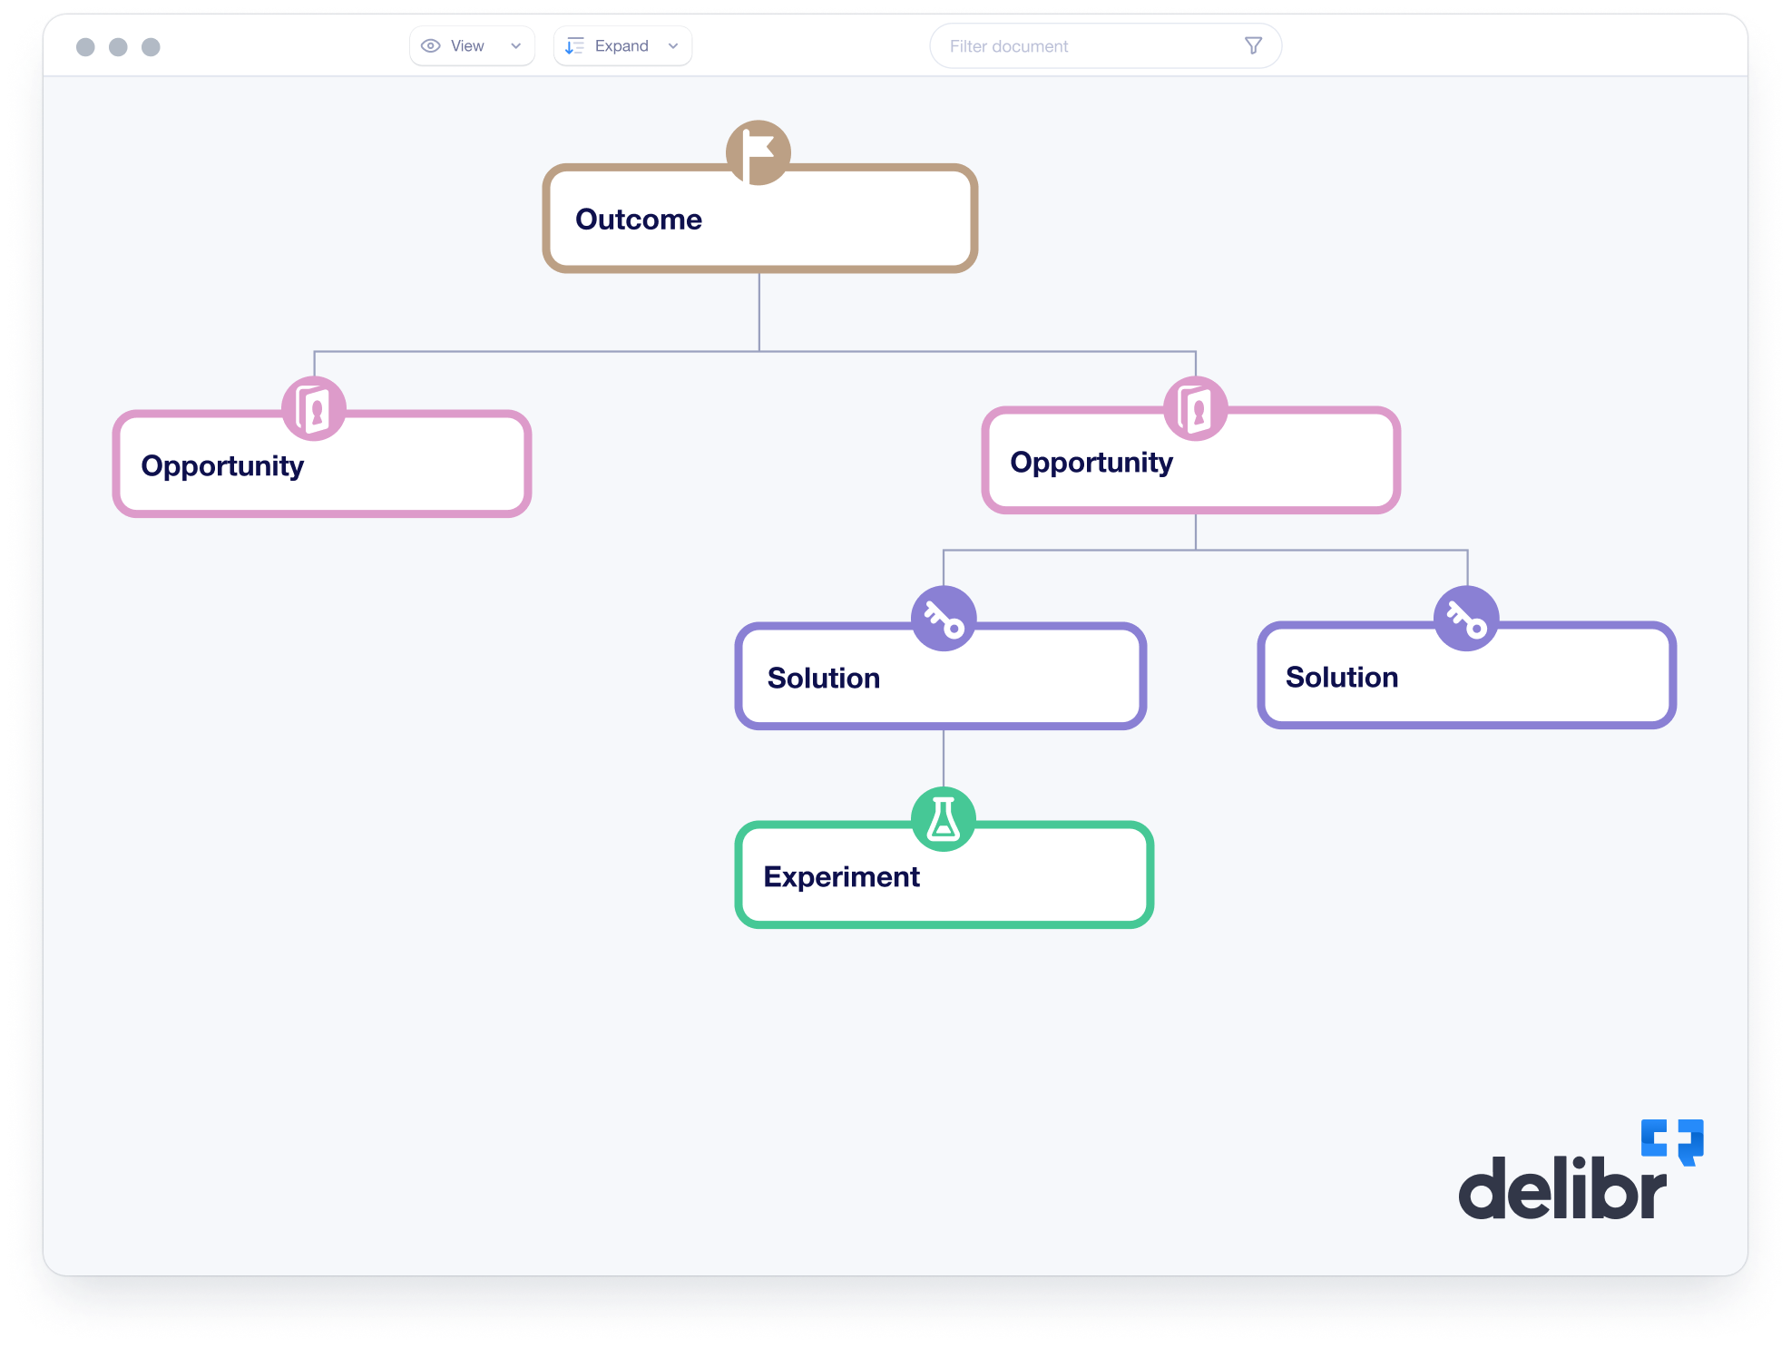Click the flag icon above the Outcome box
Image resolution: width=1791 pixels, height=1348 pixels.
click(758, 152)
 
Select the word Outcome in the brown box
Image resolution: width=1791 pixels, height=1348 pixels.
click(639, 220)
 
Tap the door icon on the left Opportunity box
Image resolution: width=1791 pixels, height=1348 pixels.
click(314, 409)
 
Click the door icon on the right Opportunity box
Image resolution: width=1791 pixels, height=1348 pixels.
click(1196, 409)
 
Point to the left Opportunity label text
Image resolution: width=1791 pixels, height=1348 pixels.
click(222, 466)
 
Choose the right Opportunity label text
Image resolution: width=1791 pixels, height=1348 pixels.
click(1091, 463)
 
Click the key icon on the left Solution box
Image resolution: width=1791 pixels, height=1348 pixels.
click(944, 620)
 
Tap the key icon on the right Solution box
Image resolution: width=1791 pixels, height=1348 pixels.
click(1466, 620)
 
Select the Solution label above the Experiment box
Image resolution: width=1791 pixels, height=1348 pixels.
click(824, 679)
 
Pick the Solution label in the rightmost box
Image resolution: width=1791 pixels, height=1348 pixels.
click(1342, 678)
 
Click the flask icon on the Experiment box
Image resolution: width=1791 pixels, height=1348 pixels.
click(944, 819)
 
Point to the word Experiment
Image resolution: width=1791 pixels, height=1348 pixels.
click(842, 877)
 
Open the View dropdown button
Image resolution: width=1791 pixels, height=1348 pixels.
click(472, 46)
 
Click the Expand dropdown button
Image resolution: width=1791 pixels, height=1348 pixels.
click(622, 46)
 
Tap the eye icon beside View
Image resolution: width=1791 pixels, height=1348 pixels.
click(431, 46)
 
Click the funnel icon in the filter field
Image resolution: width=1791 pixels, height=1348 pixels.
click(1253, 46)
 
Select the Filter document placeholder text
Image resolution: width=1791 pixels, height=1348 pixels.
click(1009, 46)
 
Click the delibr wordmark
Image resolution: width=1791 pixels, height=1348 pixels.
click(1562, 1188)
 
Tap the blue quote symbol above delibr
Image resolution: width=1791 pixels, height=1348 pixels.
click(1672, 1140)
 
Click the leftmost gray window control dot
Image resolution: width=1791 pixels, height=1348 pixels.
click(85, 47)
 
